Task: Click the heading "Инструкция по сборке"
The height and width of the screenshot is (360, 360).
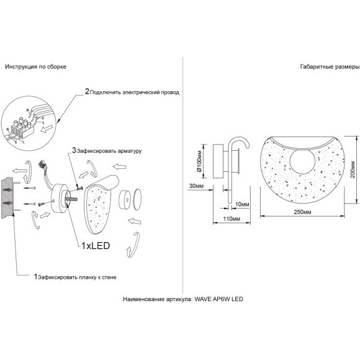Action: tap(36, 67)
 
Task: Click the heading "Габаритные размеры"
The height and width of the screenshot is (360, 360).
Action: tap(330, 67)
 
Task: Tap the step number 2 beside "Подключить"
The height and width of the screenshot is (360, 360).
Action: tap(87, 92)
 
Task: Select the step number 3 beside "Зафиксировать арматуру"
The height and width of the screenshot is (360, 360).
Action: tap(74, 150)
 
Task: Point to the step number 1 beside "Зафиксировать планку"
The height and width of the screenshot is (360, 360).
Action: tap(35, 277)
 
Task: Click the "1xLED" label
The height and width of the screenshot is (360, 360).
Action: tap(96, 246)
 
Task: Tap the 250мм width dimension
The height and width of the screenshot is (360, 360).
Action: tap(303, 212)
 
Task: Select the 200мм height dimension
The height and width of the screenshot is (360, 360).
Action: tap(353, 169)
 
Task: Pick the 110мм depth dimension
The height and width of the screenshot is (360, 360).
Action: tap(232, 219)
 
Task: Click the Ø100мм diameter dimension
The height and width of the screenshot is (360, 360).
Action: tap(199, 161)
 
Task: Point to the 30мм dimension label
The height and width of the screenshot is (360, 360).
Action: tap(196, 186)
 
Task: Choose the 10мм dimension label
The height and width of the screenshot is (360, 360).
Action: tap(242, 204)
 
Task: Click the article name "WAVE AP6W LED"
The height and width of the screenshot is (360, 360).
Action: tap(219, 299)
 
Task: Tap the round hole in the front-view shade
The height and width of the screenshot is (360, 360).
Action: tap(301, 161)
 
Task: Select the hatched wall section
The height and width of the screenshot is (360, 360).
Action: tap(7, 199)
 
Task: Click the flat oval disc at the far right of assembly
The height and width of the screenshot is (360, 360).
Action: tap(137, 199)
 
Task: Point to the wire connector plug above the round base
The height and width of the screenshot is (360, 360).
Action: tap(42, 164)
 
